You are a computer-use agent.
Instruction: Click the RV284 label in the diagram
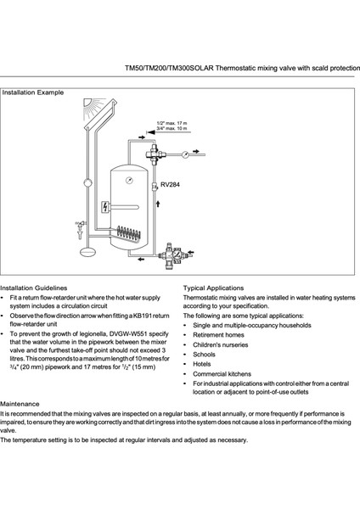click(170, 185)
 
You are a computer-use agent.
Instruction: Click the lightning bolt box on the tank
click(105, 207)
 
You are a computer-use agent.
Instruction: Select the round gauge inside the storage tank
click(129, 181)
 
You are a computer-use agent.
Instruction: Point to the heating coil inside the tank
click(129, 233)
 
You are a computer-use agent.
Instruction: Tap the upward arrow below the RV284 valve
click(158, 204)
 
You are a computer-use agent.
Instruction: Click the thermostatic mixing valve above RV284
click(155, 153)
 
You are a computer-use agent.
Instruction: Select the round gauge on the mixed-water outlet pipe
click(185, 154)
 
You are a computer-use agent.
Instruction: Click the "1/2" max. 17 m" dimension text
click(172, 123)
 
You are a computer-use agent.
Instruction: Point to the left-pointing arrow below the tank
click(141, 259)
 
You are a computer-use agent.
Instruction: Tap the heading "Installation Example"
click(33, 92)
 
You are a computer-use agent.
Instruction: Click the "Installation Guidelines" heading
click(33, 288)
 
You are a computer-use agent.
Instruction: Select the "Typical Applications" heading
click(213, 288)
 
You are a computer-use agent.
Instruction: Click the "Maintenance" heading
click(20, 404)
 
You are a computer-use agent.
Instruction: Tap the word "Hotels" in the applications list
click(202, 364)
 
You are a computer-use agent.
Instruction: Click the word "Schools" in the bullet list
click(204, 355)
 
